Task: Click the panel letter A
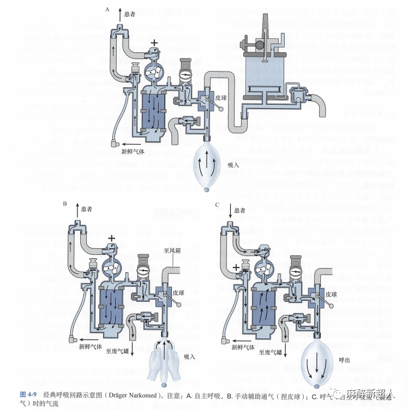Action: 107,9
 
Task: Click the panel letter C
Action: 217,204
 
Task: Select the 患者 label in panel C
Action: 239,210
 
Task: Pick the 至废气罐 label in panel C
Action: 271,352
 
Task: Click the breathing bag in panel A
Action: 204,163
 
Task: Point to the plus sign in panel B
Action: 111,238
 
